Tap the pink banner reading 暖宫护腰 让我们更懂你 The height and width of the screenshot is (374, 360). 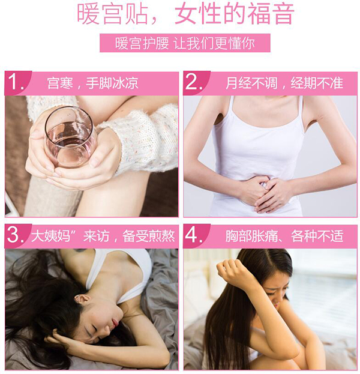pyautogui.click(x=185, y=43)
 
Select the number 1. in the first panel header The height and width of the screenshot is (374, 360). pyautogui.click(x=16, y=82)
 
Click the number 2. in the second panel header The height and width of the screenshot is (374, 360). pyautogui.click(x=194, y=82)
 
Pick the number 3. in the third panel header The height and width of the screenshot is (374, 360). pyautogui.click(x=16, y=235)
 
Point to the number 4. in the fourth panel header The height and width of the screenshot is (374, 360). pyautogui.click(x=194, y=235)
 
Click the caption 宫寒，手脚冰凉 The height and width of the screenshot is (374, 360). pyautogui.click(x=93, y=83)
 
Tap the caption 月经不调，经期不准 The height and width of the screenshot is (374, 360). pyautogui.click(x=284, y=83)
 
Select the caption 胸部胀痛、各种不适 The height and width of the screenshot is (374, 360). pyautogui.click(x=284, y=236)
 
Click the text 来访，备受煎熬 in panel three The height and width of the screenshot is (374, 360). pyautogui.click(x=129, y=236)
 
